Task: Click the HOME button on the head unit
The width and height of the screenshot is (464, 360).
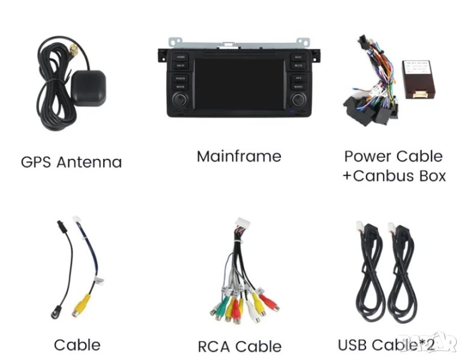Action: pos(181,57)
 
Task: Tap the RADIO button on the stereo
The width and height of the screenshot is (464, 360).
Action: pos(181,79)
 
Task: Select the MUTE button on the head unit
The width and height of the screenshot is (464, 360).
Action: pos(298,65)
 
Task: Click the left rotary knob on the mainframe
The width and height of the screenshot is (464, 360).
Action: pos(180,99)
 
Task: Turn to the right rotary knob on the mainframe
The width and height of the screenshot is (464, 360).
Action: pos(298,99)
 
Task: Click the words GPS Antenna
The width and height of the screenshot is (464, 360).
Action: pos(71,162)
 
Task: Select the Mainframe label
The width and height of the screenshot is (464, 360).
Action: pos(239,157)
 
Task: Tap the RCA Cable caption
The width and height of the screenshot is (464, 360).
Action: pos(240,346)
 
